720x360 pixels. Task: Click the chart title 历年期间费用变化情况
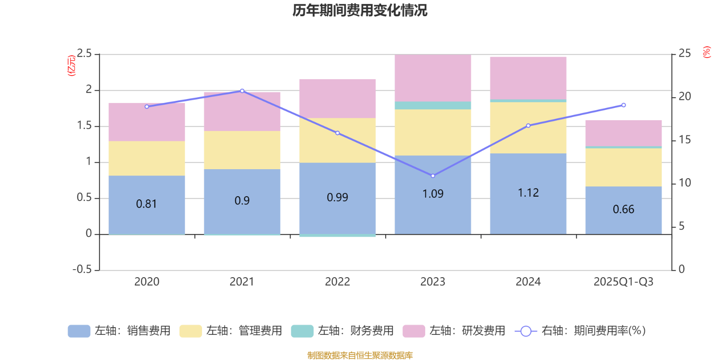360,10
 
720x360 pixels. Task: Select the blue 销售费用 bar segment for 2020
147,216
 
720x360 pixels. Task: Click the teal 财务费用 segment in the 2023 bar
432,105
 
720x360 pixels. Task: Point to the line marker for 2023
433,176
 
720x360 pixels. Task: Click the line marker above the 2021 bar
242,91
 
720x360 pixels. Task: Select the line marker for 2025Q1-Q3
624,105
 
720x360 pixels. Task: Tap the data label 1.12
528,193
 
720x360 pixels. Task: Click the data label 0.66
623,209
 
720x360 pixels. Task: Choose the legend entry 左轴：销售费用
119,331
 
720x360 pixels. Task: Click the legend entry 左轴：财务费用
342,331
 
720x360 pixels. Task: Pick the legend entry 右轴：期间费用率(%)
580,331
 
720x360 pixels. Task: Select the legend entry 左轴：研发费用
454,331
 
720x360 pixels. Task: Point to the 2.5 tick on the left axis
84,54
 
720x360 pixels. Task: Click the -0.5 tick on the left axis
82,270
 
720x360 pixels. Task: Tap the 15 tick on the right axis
684,140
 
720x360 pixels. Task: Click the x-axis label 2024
528,282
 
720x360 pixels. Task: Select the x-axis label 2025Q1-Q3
623,282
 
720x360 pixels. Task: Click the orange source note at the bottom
360,355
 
